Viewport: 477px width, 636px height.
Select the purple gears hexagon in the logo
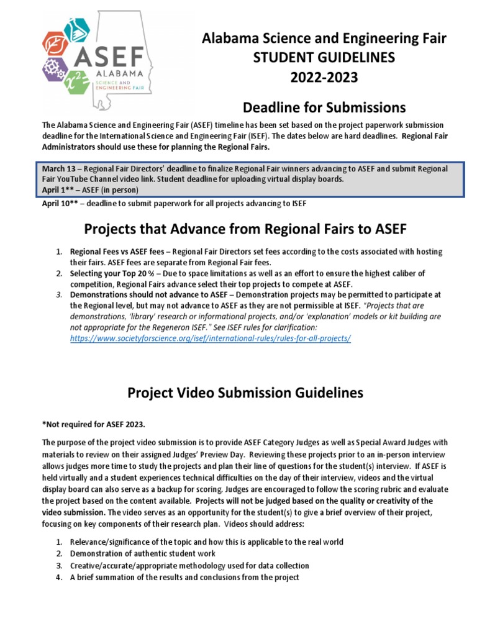[x=55, y=69]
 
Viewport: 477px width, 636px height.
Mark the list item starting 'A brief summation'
[x=184, y=577]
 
